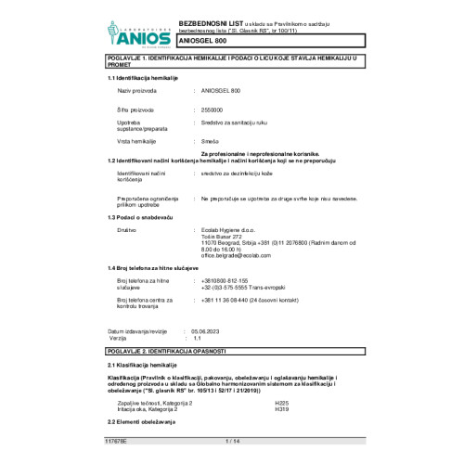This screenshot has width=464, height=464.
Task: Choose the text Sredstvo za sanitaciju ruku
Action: pos(237,122)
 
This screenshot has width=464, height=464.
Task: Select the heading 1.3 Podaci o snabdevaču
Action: pos(143,216)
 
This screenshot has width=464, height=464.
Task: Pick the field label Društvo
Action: pos(127,229)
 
